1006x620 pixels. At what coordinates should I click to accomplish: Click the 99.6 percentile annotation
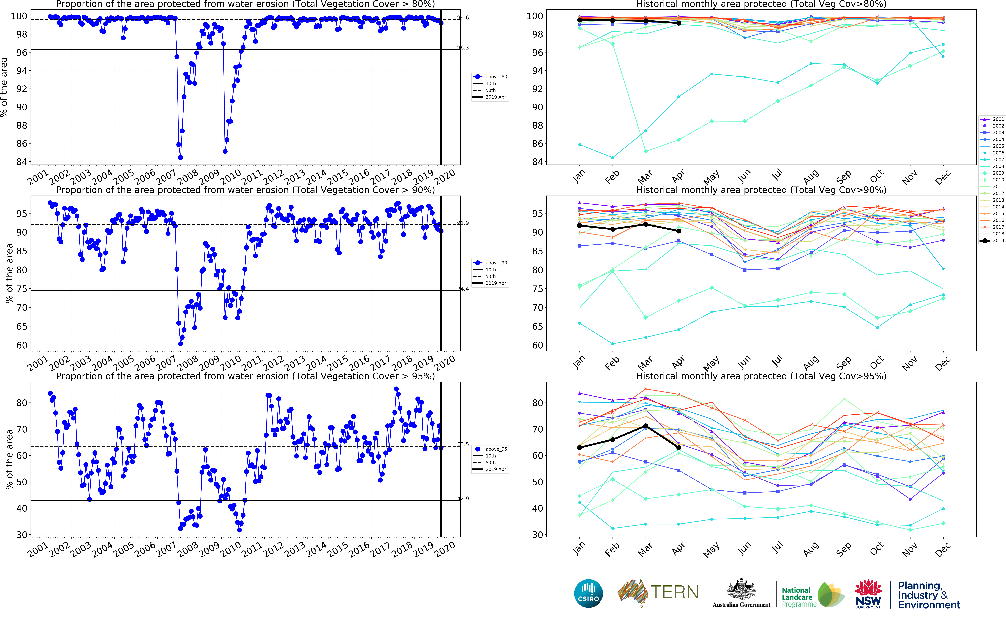(x=463, y=18)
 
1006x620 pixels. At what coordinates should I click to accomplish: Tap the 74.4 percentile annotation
(x=463, y=289)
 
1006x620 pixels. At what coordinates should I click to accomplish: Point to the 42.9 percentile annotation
(x=463, y=499)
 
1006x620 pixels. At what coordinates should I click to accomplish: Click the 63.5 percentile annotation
(x=463, y=444)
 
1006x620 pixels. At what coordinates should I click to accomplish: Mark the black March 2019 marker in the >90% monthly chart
(x=646, y=224)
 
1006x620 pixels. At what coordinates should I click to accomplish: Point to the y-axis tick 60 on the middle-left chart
(x=22, y=345)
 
